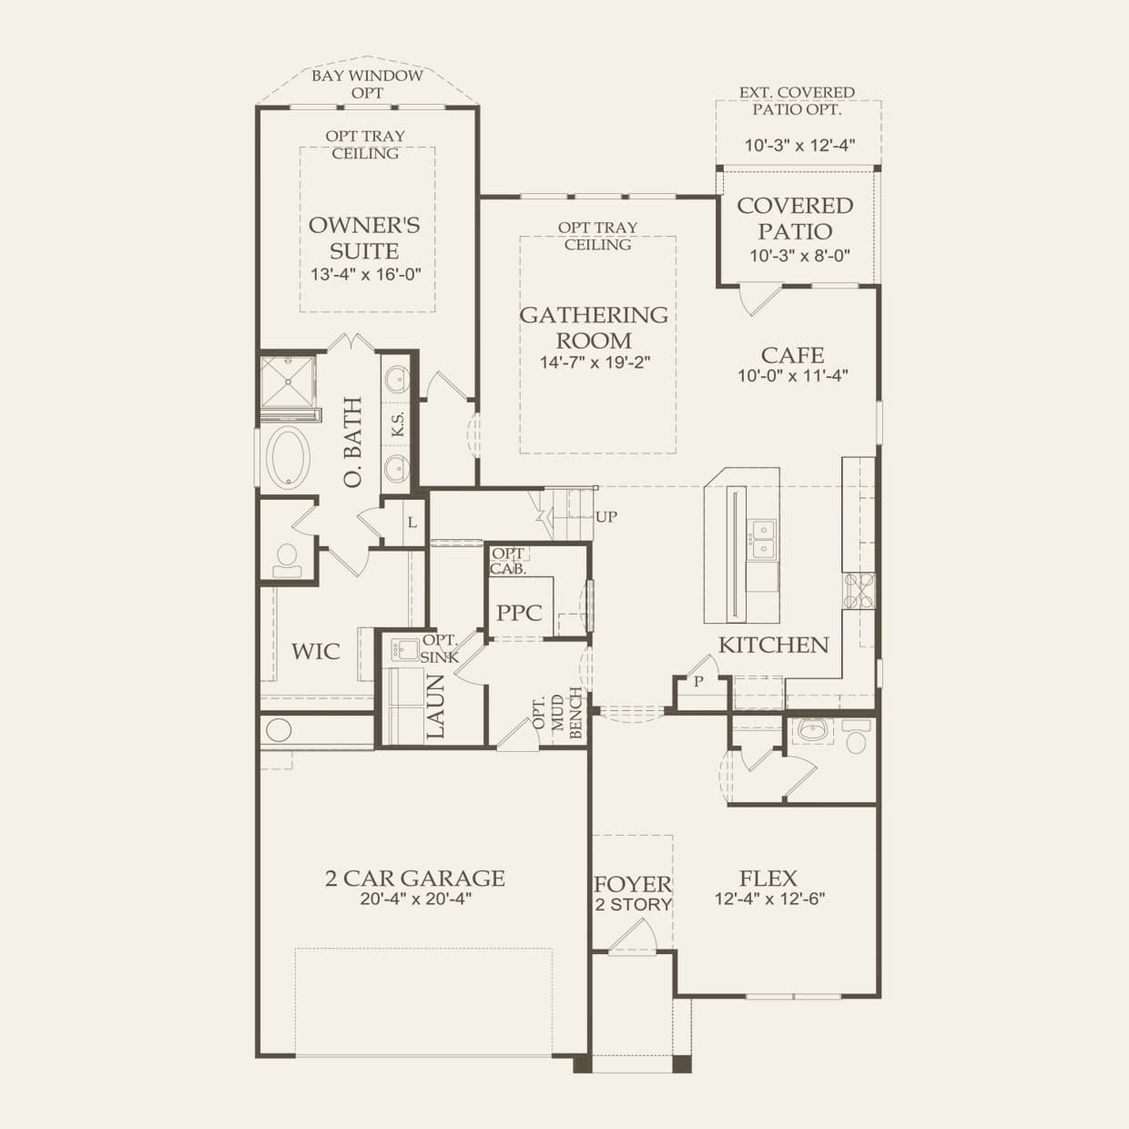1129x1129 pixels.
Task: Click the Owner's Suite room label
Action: (363, 238)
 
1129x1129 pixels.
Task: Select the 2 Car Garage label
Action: (415, 879)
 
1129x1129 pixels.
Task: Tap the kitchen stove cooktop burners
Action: (859, 591)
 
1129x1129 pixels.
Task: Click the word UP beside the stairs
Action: (605, 517)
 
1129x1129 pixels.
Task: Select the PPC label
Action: (519, 613)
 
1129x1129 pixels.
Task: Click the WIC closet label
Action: (316, 652)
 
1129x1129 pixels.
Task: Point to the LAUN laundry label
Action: (435, 707)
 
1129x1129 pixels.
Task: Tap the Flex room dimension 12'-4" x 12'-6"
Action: (769, 900)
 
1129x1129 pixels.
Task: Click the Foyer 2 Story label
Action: (633, 893)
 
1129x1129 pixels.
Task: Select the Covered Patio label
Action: (795, 219)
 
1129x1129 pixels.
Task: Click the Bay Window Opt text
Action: (367, 84)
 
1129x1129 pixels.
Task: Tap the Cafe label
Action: (793, 355)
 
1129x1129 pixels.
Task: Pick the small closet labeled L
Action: (412, 523)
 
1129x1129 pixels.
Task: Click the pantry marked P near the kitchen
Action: (699, 681)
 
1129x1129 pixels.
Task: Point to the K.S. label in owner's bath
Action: (398, 424)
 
